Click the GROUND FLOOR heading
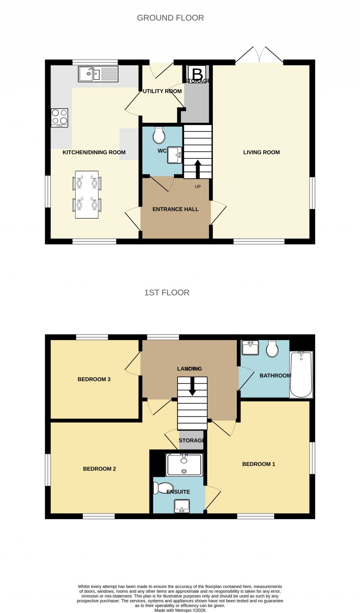pyautogui.click(x=170, y=18)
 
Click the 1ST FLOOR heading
pyautogui.click(x=167, y=293)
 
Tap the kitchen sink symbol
pyautogui.click(x=98, y=74)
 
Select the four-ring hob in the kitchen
pyautogui.click(x=59, y=118)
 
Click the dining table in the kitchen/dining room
pyautogui.click(x=87, y=194)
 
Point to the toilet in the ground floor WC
pyautogui.click(x=159, y=135)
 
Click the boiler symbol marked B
pyautogui.click(x=198, y=74)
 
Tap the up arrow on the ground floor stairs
pyautogui.click(x=198, y=168)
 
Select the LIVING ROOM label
pyautogui.click(x=261, y=152)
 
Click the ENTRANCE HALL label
pyautogui.click(x=175, y=209)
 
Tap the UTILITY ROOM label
pyautogui.click(x=162, y=91)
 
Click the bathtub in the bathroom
pyautogui.click(x=301, y=375)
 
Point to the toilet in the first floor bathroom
pyautogui.click(x=272, y=349)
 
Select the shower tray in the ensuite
pyautogui.click(x=184, y=465)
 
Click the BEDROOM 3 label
pyautogui.click(x=94, y=379)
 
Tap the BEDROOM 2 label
pyautogui.click(x=99, y=469)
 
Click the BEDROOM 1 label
pyautogui.click(x=258, y=464)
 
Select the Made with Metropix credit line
pyautogui.click(x=180, y=610)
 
